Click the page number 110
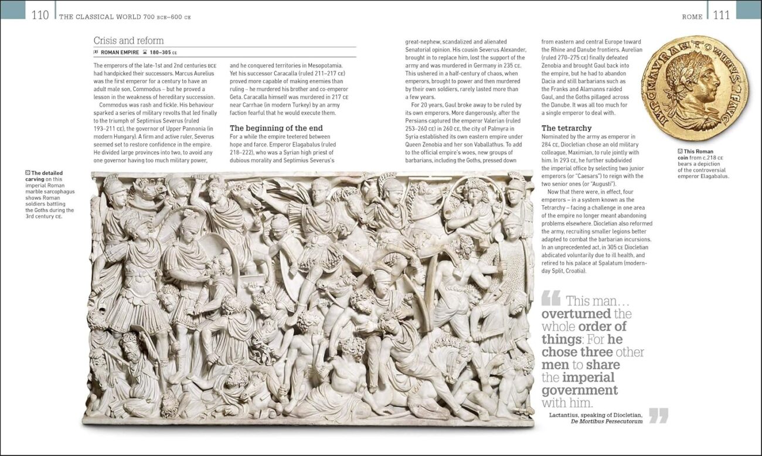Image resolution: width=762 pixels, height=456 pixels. (x=40, y=15)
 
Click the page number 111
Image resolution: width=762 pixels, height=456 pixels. (x=722, y=15)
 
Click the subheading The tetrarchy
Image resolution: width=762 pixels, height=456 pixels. (x=566, y=128)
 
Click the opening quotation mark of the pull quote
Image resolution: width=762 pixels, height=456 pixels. (x=550, y=299)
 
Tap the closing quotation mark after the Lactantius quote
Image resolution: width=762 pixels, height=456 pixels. (x=658, y=415)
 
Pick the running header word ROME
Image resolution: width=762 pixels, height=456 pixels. (x=692, y=17)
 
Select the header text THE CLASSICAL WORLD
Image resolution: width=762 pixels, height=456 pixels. (x=100, y=17)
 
